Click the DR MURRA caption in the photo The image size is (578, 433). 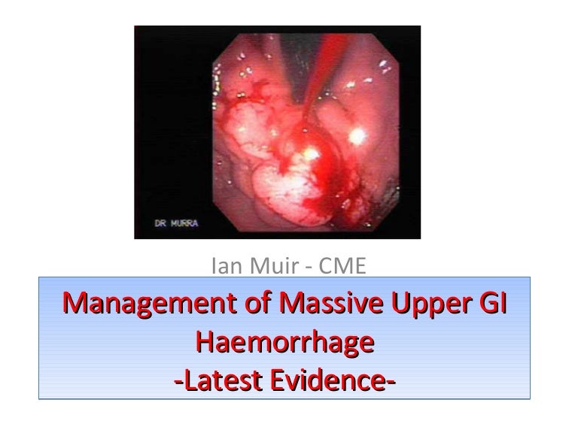(172, 224)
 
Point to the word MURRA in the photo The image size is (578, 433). (181, 224)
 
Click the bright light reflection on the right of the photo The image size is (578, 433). (357, 135)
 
